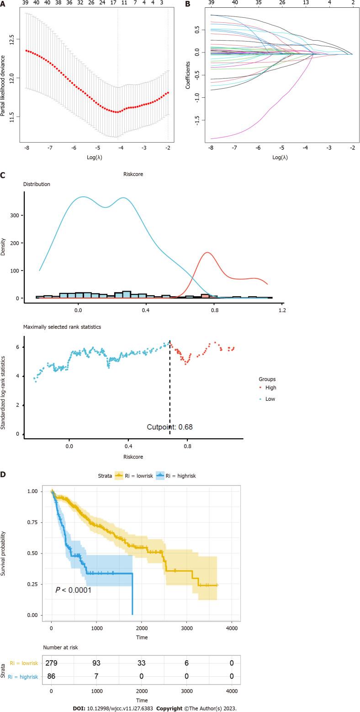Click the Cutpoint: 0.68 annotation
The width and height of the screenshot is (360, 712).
pyautogui.click(x=169, y=427)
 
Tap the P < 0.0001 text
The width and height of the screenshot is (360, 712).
pyautogui.click(x=73, y=590)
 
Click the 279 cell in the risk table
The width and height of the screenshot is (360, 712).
pyautogui.click(x=51, y=663)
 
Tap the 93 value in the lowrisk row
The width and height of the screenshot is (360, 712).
pyautogui.click(x=96, y=663)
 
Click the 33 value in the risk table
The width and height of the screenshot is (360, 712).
pyautogui.click(x=142, y=663)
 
